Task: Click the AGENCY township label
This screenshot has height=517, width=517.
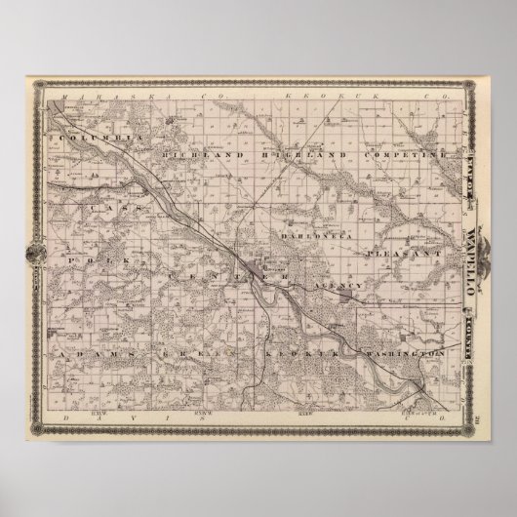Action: [338, 283]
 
